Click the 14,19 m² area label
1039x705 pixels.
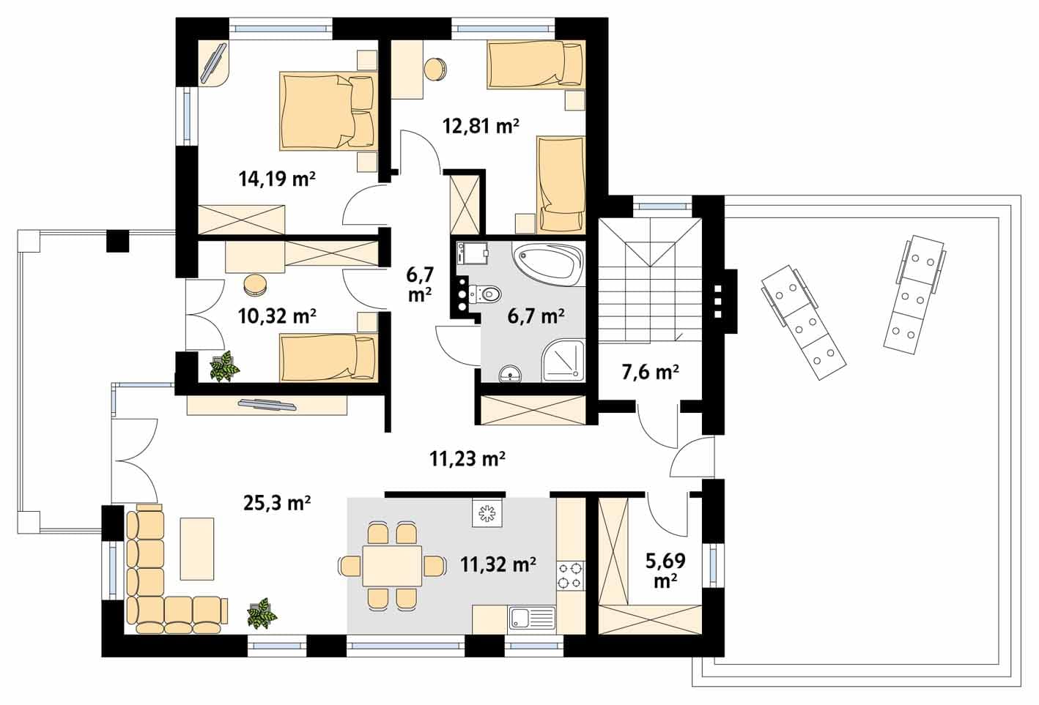click(277, 179)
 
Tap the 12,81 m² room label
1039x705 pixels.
click(481, 126)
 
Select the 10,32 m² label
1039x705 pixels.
click(277, 316)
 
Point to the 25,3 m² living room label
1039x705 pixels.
click(277, 502)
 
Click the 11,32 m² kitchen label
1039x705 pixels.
click(498, 564)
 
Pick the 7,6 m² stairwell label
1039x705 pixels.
click(651, 372)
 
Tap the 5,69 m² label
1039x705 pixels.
click(665, 570)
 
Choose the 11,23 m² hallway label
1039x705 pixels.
click(467, 459)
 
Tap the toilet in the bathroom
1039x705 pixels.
click(486, 294)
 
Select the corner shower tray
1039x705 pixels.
click(563, 361)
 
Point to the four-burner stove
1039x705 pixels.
click(571, 575)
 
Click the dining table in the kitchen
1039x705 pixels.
click(392, 565)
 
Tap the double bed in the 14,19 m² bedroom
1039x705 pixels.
click(328, 111)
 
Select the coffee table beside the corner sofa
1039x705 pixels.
click(196, 549)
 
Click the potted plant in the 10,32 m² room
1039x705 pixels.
click(224, 366)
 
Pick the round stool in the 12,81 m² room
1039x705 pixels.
click(435, 70)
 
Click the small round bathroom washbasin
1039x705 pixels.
click(510, 374)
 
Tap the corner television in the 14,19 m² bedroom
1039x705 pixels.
click(213, 63)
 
